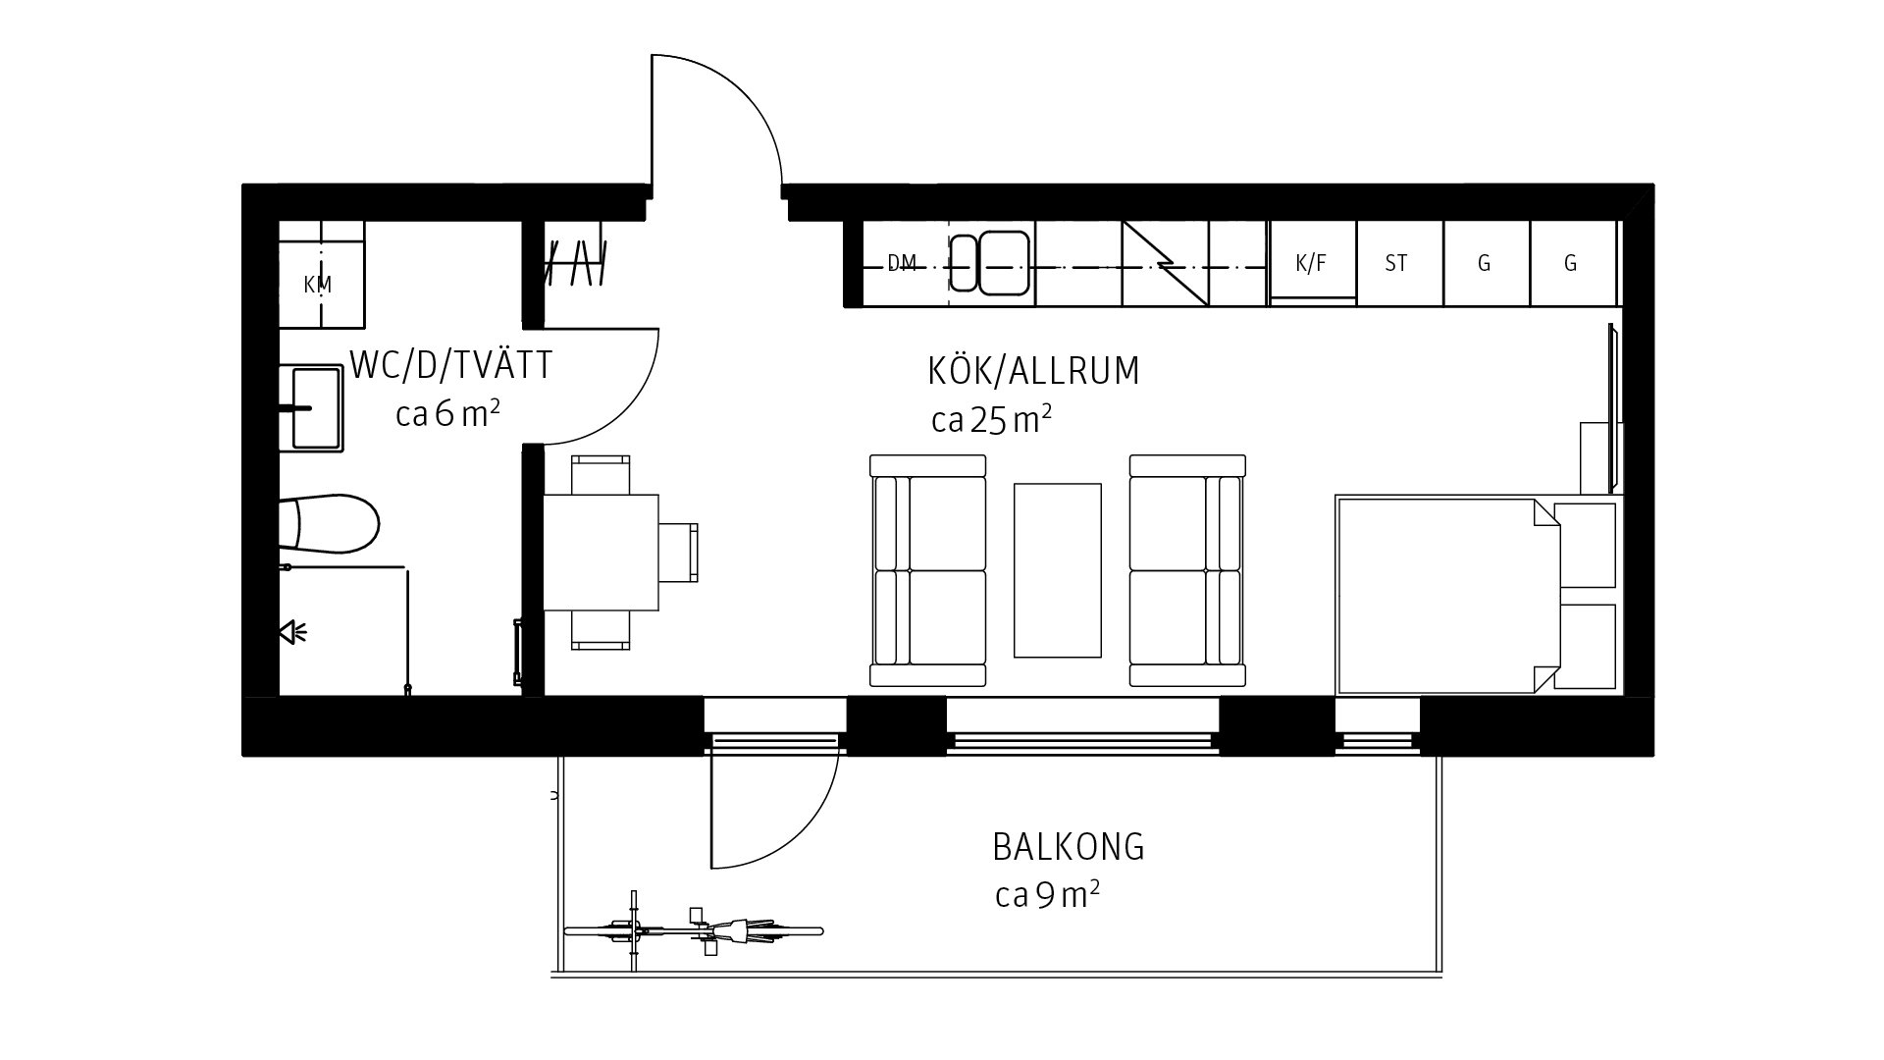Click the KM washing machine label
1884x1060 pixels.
click(318, 285)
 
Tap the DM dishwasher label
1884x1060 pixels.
click(902, 263)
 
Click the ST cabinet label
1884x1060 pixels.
click(1396, 263)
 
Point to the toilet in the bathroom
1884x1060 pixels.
click(329, 523)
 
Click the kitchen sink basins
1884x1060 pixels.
click(989, 262)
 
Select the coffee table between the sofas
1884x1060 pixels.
click(1058, 570)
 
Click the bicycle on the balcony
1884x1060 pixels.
click(693, 929)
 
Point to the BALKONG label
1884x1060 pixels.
click(1069, 847)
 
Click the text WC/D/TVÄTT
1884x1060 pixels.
click(451, 366)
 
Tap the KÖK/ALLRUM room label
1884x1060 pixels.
click(1034, 371)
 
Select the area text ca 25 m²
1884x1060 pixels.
click(992, 419)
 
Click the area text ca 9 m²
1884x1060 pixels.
click(1047, 895)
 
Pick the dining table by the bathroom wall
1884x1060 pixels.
click(601, 553)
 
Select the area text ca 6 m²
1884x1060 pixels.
click(448, 414)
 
